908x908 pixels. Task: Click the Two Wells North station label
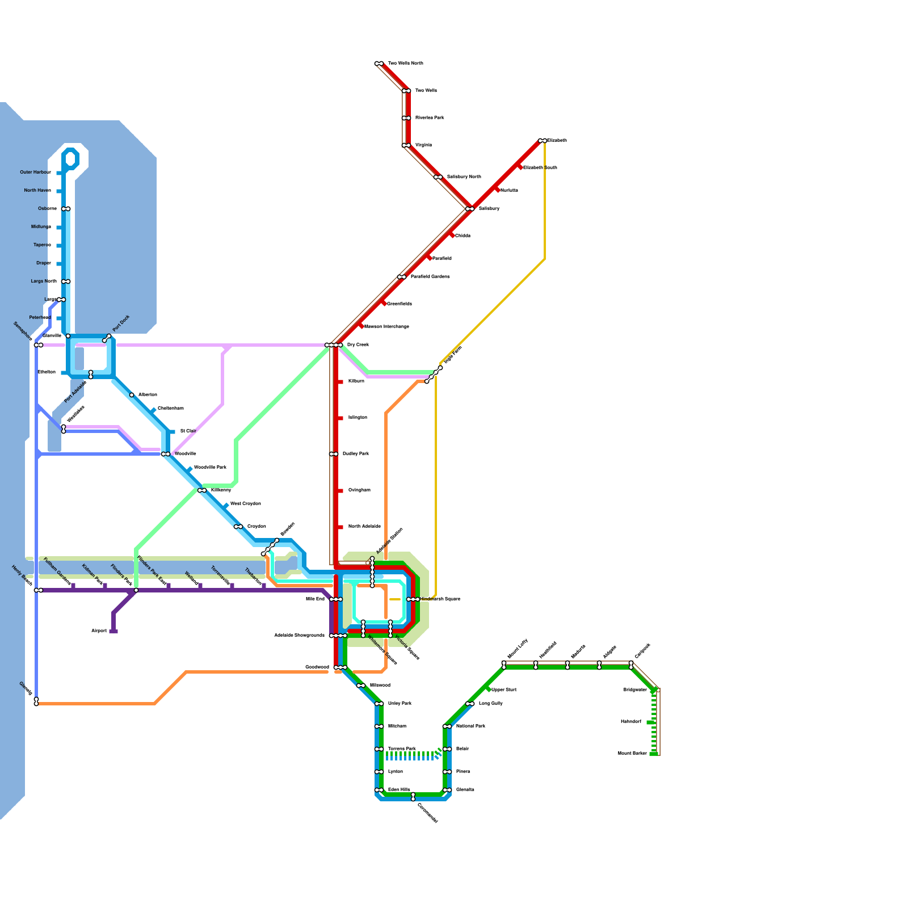pos(405,64)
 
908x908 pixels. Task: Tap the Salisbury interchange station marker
pos(470,209)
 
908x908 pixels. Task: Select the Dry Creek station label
pos(358,345)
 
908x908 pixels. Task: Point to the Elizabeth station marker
pos(543,141)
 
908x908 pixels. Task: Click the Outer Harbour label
pos(35,173)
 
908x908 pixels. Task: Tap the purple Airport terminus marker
pos(113,631)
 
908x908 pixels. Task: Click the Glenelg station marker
pos(36,702)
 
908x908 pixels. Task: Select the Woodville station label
pos(185,454)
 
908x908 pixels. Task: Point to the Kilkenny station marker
pos(202,490)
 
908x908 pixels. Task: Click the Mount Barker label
pos(632,754)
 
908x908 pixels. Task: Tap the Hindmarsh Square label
pos(440,599)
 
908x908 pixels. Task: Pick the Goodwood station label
pos(317,667)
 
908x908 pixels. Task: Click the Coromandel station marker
pos(413,797)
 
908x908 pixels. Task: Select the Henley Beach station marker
pos(39,590)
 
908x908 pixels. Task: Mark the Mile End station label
pos(315,599)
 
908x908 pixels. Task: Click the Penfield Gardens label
pos(430,277)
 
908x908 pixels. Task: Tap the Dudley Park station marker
pos(334,454)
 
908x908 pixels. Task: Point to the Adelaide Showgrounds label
pos(299,636)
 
